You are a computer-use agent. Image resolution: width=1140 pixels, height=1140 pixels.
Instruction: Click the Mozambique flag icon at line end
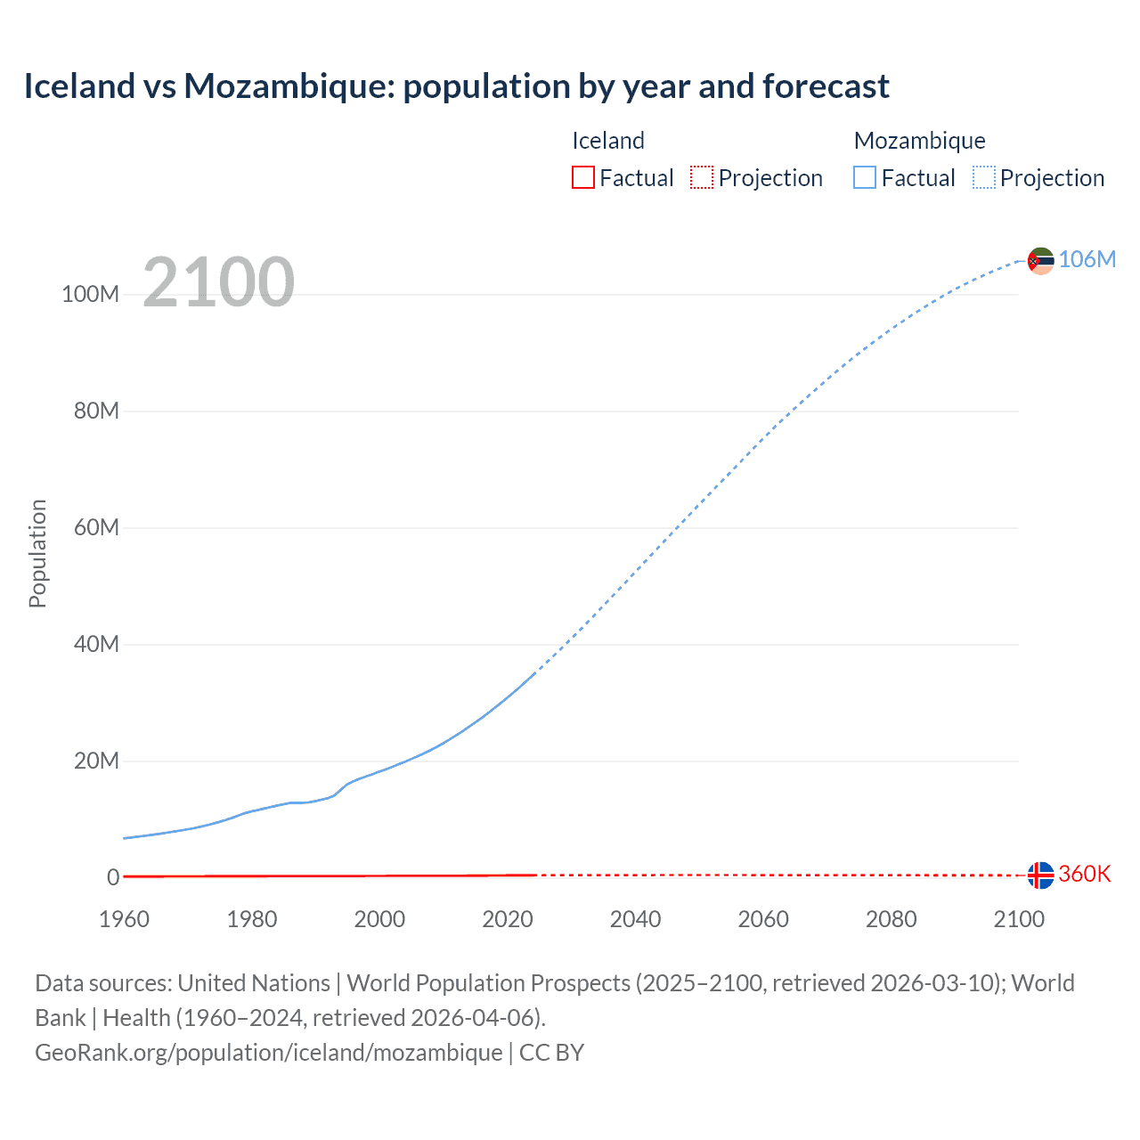tap(1040, 261)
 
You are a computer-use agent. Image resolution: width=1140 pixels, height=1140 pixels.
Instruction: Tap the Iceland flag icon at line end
tap(1040, 875)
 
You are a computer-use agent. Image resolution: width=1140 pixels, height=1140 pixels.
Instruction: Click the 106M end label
tap(1087, 259)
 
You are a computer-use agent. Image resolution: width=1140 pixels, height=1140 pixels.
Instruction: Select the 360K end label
tap(1084, 874)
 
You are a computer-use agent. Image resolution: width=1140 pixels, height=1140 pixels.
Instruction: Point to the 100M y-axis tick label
tap(90, 295)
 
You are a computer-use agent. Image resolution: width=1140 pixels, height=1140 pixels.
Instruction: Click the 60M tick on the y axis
tap(96, 527)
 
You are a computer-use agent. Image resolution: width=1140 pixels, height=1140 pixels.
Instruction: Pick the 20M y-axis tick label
tap(96, 761)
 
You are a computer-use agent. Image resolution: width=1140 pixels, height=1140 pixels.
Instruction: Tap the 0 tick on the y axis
tap(113, 877)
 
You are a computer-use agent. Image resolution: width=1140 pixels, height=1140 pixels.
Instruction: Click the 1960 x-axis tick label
tap(124, 919)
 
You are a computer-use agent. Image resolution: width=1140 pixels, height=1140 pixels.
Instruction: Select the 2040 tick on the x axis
tap(635, 919)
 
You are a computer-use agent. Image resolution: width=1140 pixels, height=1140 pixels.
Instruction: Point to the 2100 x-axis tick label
tap(1018, 919)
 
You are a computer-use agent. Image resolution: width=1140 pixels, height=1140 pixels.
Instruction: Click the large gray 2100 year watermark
tap(218, 282)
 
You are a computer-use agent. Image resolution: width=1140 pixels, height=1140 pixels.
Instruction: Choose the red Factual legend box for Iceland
tap(583, 177)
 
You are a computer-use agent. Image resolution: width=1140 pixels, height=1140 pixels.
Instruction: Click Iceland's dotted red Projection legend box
tap(702, 177)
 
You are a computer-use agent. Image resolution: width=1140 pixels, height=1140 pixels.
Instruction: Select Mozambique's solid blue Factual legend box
tap(865, 177)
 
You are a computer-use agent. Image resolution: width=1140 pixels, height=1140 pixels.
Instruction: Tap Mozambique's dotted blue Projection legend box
tap(984, 177)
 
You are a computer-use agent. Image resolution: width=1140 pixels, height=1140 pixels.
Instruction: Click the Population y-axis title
tap(37, 554)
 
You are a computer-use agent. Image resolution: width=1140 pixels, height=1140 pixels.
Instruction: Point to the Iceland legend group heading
tap(607, 141)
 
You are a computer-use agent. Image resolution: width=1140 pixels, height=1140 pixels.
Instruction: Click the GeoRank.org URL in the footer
tap(269, 1052)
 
